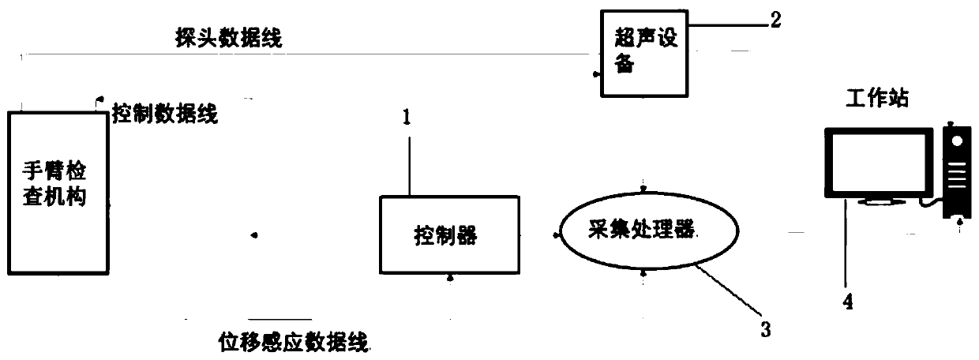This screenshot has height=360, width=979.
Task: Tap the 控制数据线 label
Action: click(x=165, y=114)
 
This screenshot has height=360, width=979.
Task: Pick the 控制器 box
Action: click(x=451, y=234)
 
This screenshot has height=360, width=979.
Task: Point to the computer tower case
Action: click(x=955, y=170)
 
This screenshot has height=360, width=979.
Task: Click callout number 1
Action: click(x=406, y=118)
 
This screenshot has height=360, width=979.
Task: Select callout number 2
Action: click(x=775, y=21)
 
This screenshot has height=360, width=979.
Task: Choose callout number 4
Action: click(x=847, y=299)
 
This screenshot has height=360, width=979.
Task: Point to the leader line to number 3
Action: click(x=730, y=293)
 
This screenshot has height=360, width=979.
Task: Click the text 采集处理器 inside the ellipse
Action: click(x=640, y=230)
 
